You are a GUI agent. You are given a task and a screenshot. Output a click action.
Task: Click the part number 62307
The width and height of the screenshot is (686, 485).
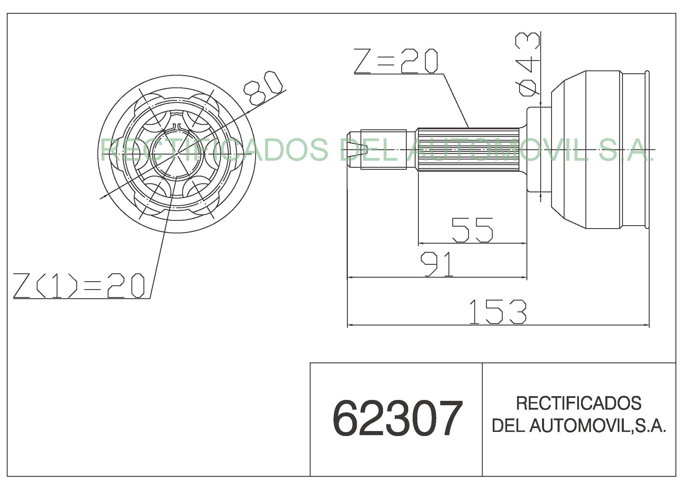coord(397,419)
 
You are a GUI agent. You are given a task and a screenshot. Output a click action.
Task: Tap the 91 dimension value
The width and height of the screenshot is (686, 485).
coord(437,264)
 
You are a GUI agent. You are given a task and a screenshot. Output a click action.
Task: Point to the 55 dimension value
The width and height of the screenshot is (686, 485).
coord(472,230)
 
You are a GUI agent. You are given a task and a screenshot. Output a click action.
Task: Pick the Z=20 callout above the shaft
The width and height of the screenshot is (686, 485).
coord(396,61)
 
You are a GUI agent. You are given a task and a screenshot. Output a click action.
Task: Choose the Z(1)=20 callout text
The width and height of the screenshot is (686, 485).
coord(79,286)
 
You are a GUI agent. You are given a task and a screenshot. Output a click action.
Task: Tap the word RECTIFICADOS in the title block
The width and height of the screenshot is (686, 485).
coord(579,403)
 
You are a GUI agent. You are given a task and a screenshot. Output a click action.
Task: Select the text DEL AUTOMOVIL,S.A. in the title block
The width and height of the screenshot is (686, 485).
coord(579,426)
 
